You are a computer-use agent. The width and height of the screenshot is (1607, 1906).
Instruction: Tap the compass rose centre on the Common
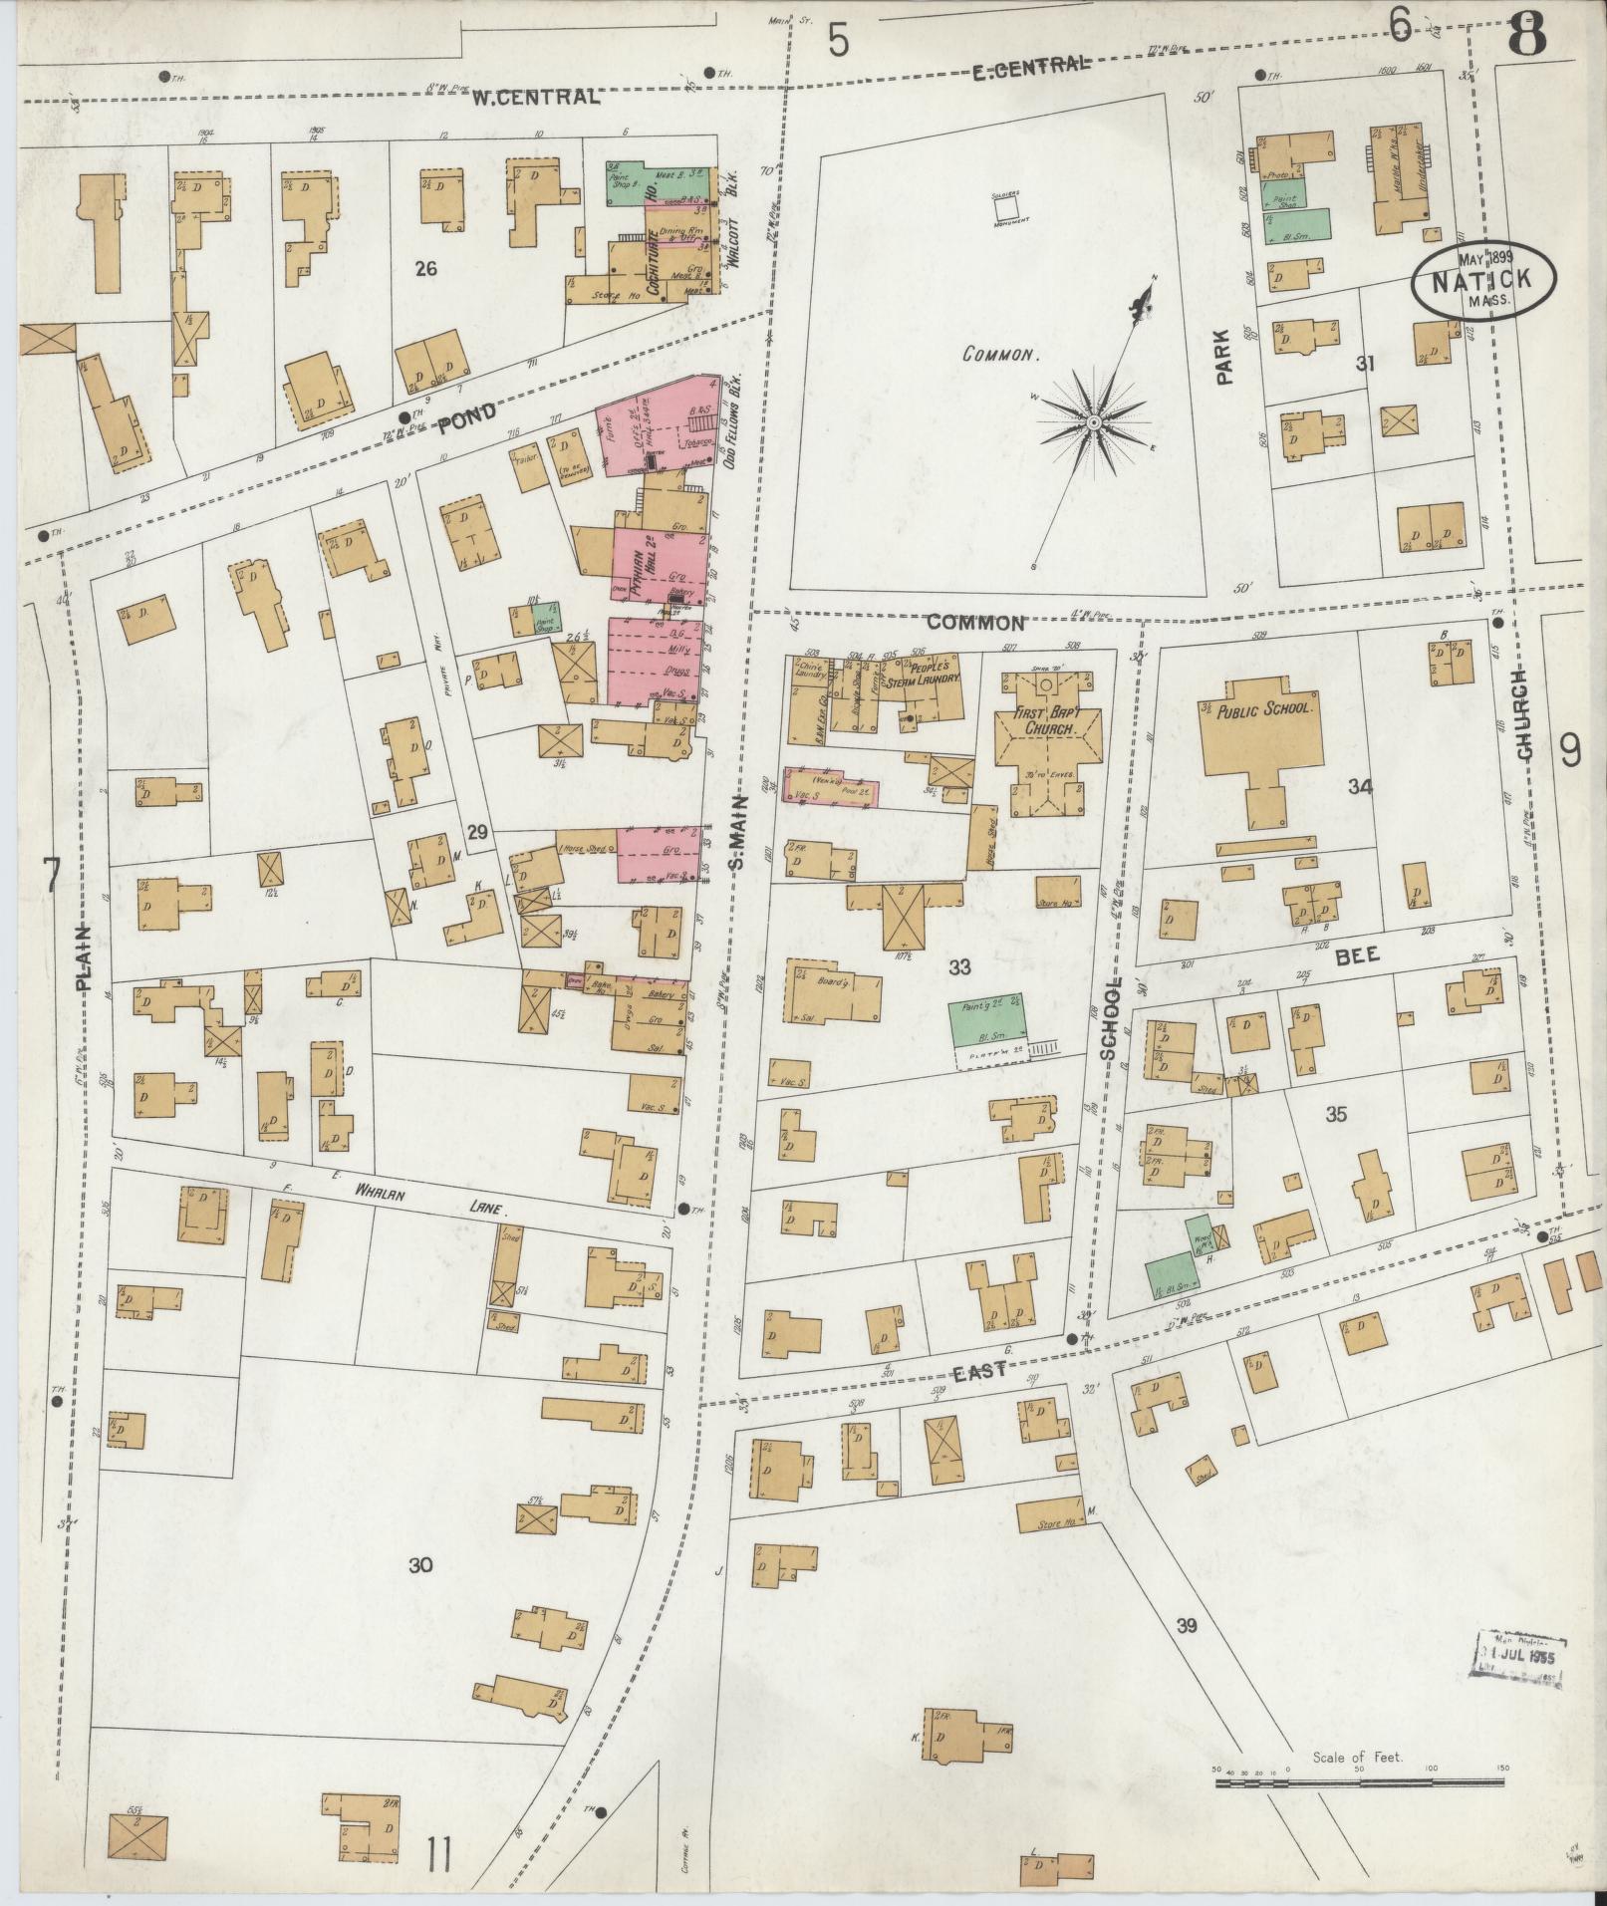pos(1093,423)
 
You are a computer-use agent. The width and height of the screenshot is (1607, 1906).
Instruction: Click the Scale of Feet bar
pos(1361,1083)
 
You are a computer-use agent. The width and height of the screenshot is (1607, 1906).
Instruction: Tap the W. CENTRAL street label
pos(536,97)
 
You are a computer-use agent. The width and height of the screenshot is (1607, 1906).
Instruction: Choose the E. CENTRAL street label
pos(1027,65)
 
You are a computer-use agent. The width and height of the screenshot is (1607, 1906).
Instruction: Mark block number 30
pos(420,1565)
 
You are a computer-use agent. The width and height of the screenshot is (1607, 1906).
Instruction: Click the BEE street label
pos(1357,954)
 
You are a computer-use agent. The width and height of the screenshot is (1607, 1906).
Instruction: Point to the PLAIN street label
pos(84,956)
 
